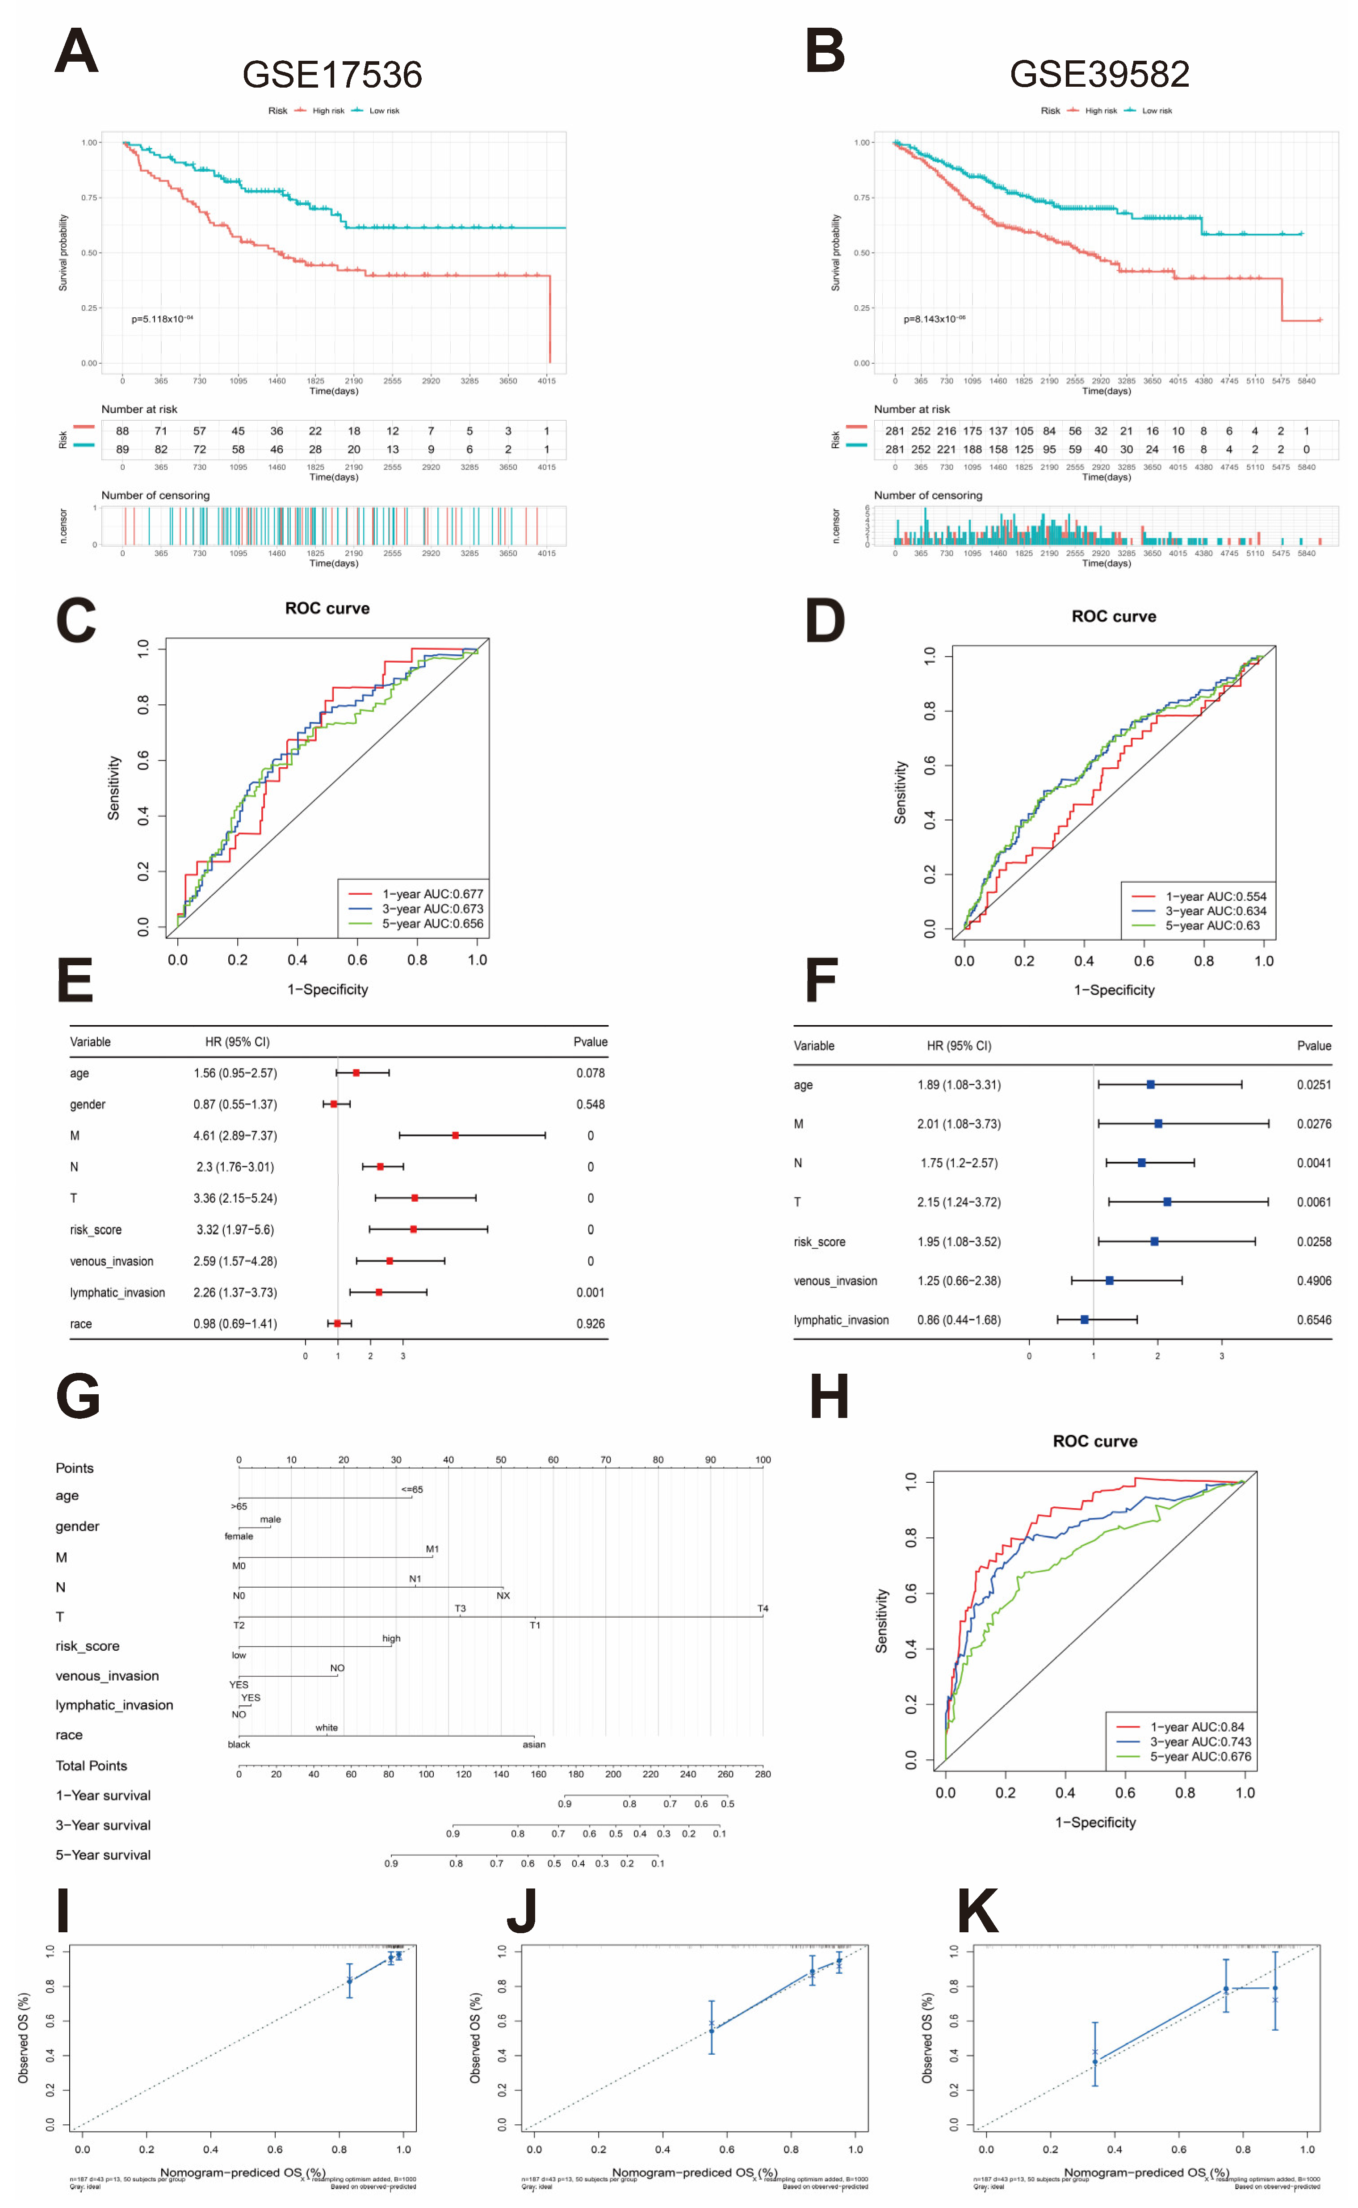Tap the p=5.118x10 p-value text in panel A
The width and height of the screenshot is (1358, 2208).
pos(162,319)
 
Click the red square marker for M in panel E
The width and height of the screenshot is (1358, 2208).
pos(455,1136)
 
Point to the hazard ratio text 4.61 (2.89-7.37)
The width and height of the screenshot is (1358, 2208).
pos(235,1136)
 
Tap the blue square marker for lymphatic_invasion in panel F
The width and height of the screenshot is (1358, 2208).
pos(1084,1320)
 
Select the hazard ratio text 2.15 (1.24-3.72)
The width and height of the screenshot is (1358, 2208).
pos(958,1202)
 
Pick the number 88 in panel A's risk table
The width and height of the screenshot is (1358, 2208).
pos(122,431)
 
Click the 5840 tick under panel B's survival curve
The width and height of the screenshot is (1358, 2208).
pos(1306,381)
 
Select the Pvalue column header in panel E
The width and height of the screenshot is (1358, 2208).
pos(590,1042)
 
